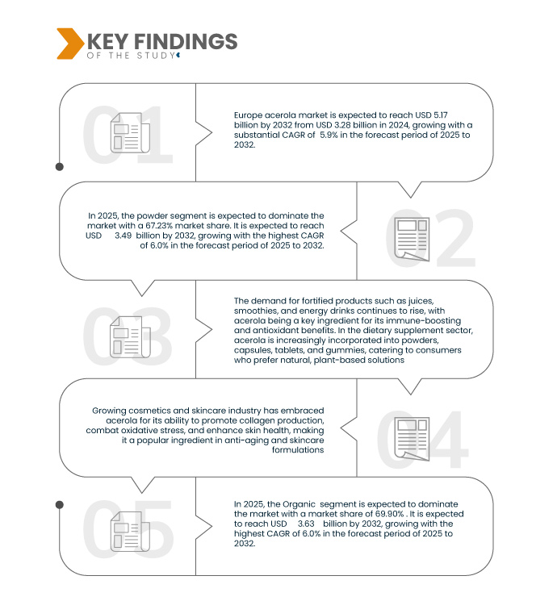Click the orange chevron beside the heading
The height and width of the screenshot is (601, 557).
click(70, 44)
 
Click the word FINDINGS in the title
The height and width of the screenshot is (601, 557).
click(186, 41)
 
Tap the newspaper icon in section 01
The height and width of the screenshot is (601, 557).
click(130, 132)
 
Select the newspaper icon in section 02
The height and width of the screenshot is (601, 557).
click(413, 239)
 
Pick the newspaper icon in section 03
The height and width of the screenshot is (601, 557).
click(130, 336)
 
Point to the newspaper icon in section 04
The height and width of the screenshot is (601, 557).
click(412, 439)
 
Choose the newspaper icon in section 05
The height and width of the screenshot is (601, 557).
click(130, 532)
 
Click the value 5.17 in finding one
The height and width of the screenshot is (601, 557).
click(441, 115)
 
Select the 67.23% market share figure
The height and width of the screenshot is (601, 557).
click(159, 225)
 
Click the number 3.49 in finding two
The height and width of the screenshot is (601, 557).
click(124, 236)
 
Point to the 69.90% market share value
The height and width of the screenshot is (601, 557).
click(390, 514)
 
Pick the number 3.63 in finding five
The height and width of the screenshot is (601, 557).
click(306, 524)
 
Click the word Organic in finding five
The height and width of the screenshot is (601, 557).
click(299, 504)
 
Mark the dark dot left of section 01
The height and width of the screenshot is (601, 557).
click(60, 167)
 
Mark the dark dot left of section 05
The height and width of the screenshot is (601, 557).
click(60, 505)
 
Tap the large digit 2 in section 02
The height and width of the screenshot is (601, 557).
click(455, 239)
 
